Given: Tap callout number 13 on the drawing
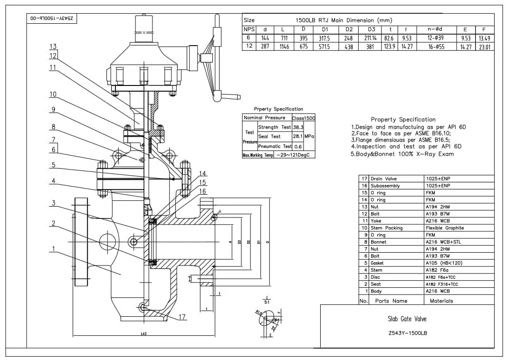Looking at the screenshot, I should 53,47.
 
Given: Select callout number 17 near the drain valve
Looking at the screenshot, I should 182,317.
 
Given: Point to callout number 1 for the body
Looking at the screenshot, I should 53,248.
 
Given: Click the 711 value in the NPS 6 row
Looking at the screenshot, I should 283,38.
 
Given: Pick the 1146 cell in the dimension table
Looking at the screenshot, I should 283,47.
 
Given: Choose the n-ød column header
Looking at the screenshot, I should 435,29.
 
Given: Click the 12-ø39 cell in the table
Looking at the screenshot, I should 435,38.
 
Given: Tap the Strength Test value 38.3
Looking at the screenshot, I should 298,127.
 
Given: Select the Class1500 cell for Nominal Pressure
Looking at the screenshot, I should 303,118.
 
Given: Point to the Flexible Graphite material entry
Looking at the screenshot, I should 444,228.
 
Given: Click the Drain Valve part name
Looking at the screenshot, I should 383,179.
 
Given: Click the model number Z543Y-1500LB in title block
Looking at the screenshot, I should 407,333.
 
